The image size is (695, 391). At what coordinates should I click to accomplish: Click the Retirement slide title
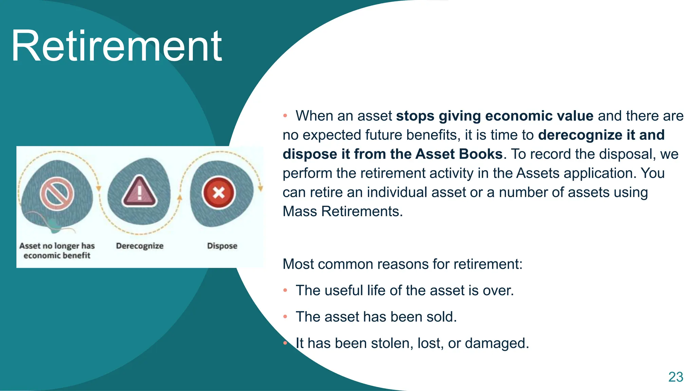pos(116,46)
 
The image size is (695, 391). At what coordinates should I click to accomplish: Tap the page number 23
pos(675,377)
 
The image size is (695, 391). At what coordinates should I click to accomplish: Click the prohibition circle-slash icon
pos(57,194)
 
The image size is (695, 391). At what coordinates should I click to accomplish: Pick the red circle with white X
pos(219,193)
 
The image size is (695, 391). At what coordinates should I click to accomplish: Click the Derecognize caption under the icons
pos(139,246)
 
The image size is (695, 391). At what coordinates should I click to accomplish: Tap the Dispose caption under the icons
pos(222,246)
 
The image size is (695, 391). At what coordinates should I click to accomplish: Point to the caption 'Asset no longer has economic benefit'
pos(57,250)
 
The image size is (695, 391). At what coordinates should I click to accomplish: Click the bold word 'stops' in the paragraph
pos(415,116)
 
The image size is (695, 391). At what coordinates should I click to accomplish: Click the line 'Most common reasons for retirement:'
pos(402,264)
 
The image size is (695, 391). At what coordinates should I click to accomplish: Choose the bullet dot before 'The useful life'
pos(285,291)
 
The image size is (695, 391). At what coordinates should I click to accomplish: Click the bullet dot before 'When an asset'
pos(285,116)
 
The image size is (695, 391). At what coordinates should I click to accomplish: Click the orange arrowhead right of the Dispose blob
pos(260,188)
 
